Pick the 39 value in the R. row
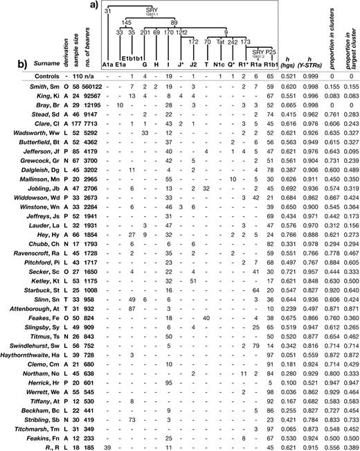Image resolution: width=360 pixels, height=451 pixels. tap(107, 446)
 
